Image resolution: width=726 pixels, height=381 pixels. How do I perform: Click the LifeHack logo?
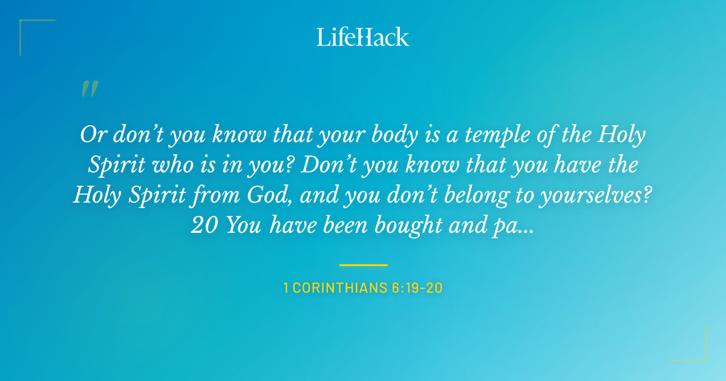(363, 37)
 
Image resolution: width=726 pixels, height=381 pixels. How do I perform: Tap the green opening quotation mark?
(90, 89)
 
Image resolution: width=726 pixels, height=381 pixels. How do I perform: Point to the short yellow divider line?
(363, 265)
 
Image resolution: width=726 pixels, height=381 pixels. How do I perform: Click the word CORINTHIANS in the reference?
(338, 288)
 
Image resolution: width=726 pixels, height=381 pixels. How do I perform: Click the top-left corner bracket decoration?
(27, 27)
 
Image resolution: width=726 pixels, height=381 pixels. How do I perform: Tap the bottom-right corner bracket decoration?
(699, 354)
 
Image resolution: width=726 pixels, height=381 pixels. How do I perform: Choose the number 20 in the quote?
(205, 225)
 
